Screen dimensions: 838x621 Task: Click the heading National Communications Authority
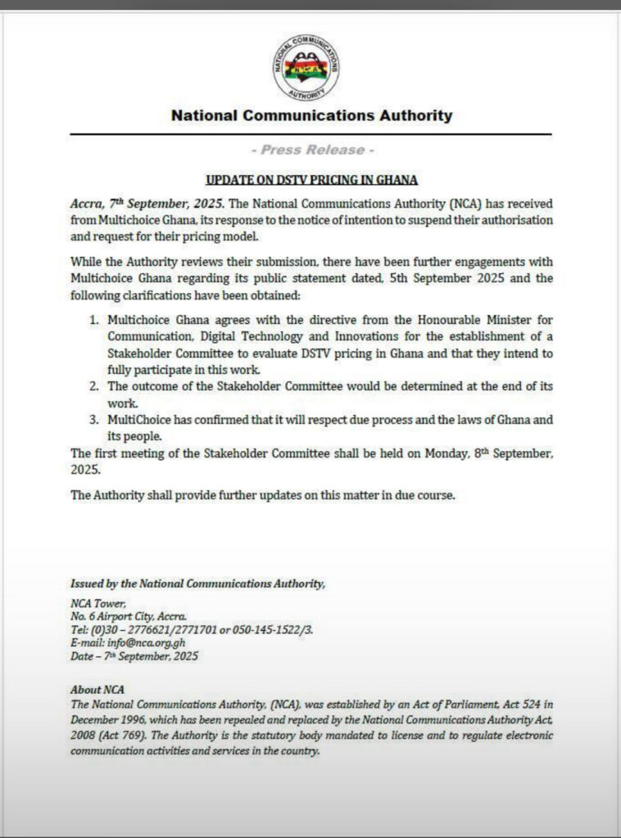[x=311, y=115]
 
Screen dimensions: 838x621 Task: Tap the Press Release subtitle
[x=312, y=150]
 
